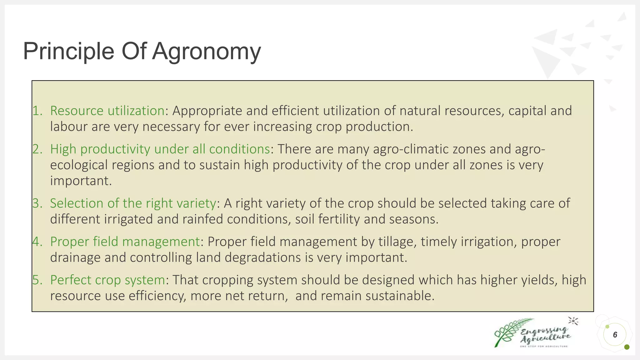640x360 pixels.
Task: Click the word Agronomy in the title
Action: (206, 52)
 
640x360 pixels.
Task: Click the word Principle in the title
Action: (69, 52)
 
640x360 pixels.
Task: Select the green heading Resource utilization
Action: (107, 111)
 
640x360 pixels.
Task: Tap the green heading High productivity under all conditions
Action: (160, 149)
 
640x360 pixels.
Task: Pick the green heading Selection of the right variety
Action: (133, 203)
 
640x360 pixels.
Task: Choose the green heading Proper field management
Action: (125, 242)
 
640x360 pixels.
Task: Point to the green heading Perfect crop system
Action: (107, 280)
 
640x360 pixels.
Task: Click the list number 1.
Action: (37, 111)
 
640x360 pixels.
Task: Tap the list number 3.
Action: (37, 203)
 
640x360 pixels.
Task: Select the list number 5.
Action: (37, 280)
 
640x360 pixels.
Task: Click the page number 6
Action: (615, 335)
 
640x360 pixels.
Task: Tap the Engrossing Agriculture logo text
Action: (545, 334)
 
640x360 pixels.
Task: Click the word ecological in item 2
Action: (79, 165)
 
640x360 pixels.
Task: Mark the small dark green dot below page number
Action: (627, 347)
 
